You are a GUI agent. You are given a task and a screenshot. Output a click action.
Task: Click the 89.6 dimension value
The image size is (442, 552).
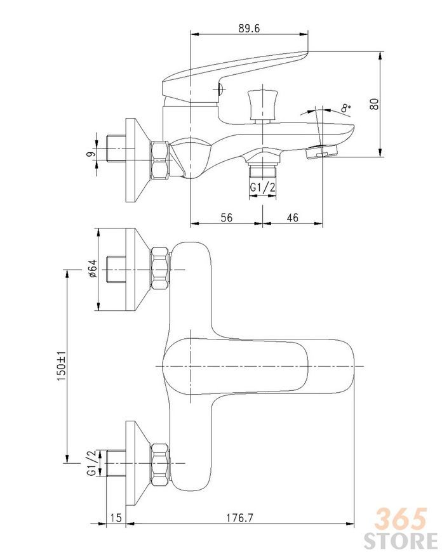pos(249,28)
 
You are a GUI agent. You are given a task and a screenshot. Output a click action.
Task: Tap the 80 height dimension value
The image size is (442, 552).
pos(374,103)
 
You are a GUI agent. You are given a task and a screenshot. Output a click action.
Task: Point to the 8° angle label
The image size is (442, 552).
pos(346,108)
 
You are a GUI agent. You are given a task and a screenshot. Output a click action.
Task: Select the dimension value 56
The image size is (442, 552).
pos(226,218)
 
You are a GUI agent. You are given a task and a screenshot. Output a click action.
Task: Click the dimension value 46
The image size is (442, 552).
pos(292,218)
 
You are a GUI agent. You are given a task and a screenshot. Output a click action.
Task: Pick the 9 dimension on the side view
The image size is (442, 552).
pos(91,154)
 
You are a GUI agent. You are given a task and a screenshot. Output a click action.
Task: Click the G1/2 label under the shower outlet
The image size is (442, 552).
pos(262,188)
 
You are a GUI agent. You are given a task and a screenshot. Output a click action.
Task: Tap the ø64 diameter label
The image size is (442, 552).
pos(92,269)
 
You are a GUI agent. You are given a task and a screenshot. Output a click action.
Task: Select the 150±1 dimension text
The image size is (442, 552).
pos(61,365)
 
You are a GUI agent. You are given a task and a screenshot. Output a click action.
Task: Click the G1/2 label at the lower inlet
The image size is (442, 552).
pos(91,463)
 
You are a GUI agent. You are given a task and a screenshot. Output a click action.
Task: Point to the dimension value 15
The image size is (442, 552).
pos(116,518)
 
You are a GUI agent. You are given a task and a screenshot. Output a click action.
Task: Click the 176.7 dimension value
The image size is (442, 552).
pos(239,518)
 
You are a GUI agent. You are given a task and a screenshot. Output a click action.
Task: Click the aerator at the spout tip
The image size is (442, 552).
pos(321,152)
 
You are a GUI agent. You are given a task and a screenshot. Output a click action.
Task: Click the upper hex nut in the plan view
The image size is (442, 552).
pos(160,268)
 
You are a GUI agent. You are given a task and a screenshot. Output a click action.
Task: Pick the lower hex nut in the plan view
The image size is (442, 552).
pos(160,465)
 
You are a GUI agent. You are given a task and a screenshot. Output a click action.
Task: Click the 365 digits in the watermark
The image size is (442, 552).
pos(401,519)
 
